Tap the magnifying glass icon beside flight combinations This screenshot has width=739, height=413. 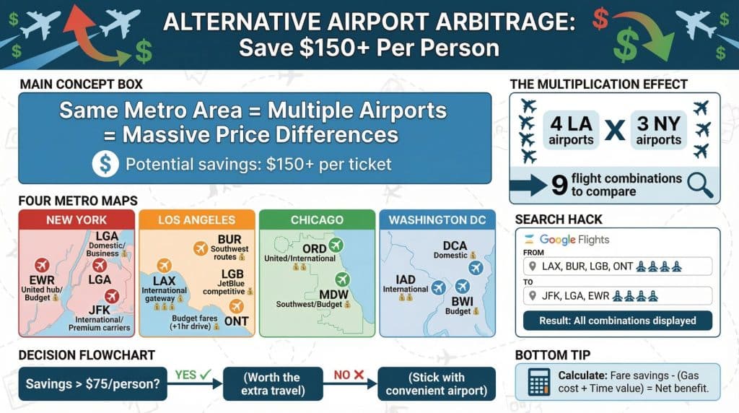699,186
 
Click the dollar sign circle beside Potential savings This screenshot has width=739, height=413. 105,165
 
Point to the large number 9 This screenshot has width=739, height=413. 558,186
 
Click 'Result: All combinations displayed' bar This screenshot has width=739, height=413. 617,321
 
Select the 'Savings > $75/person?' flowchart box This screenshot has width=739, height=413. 92,383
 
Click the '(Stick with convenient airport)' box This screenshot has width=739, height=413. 437,383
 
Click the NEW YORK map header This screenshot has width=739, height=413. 76,219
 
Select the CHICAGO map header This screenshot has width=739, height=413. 317,219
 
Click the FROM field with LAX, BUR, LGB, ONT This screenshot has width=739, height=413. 617,267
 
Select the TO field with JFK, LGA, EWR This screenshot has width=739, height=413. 617,295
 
